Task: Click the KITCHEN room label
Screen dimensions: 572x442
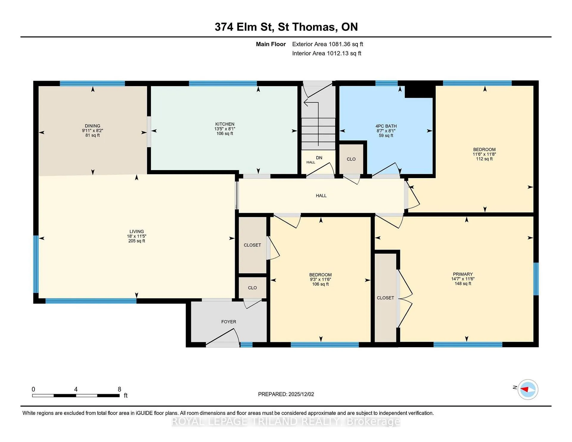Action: [225, 124]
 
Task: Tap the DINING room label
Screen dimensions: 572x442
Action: [92, 126]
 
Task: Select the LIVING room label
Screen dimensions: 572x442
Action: [137, 231]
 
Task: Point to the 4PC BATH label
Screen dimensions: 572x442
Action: [386, 126]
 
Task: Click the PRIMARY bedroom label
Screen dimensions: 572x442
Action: [463, 274]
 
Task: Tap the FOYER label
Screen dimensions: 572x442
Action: [229, 322]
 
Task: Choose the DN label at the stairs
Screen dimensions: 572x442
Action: [319, 158]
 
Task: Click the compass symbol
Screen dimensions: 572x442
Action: [528, 389]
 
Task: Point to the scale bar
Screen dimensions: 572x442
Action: [76, 396]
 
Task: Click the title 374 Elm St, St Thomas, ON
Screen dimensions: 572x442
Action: [286, 27]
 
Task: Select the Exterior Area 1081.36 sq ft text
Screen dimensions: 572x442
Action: [328, 44]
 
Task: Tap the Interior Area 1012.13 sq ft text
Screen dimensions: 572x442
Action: [327, 53]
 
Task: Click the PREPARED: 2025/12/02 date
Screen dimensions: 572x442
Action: [286, 394]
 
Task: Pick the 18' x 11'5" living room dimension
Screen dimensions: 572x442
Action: [137, 236]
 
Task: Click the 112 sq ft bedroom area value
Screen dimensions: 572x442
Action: [484, 159]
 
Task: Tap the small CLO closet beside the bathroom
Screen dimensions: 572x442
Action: [351, 159]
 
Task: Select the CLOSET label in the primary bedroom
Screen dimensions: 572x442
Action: [386, 298]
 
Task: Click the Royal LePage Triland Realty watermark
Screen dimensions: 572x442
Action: [286, 421]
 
